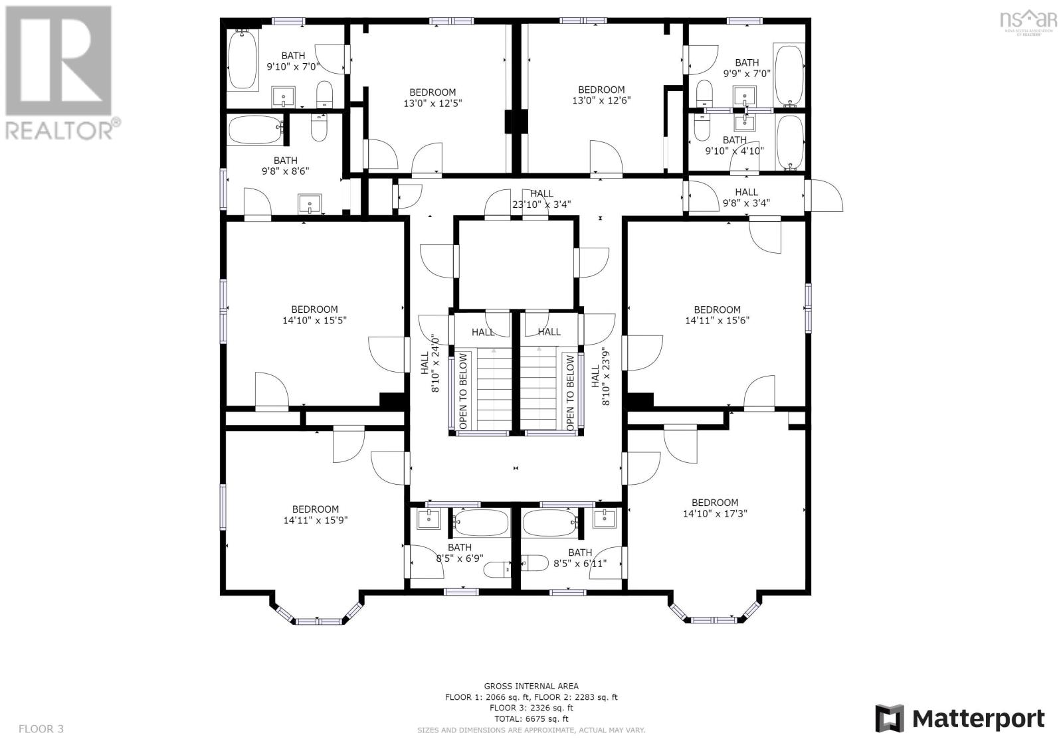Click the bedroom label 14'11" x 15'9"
click(316, 515)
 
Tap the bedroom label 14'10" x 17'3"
click(714, 508)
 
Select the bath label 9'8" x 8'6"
click(285, 165)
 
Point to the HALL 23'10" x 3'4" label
click(541, 199)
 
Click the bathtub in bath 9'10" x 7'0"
click(242, 59)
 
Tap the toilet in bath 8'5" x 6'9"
click(497, 568)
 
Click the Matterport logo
click(959, 718)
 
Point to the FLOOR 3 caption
click(41, 728)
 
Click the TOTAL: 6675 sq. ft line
click(531, 718)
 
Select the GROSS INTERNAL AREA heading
click(531, 686)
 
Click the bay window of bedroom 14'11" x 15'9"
click(318, 620)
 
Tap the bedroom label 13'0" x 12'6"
click(601, 95)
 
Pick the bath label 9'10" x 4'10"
click(734, 145)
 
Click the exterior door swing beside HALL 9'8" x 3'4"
click(825, 196)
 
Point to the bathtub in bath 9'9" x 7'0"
click(789, 74)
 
